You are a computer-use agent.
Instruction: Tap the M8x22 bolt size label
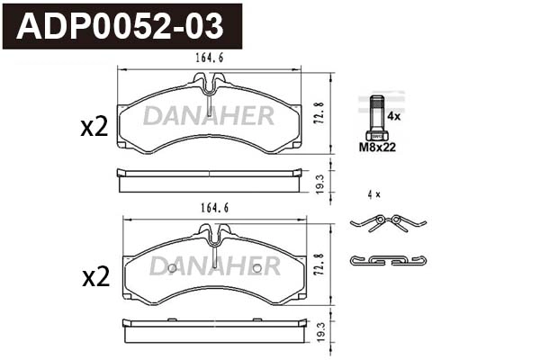coord(377,147)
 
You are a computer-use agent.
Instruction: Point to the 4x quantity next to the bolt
coord(393,116)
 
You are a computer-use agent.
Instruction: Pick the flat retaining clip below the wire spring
coord(387,260)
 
